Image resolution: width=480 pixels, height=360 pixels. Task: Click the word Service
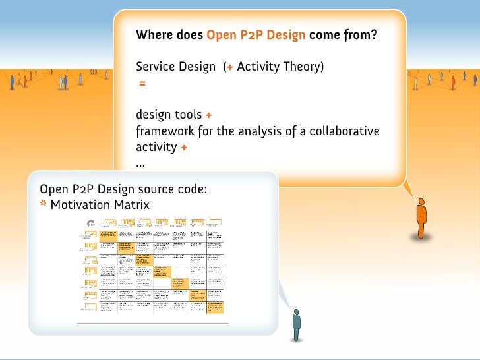[156, 67]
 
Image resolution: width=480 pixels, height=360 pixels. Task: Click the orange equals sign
[142, 84]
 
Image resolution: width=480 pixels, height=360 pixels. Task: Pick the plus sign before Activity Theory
[229, 67]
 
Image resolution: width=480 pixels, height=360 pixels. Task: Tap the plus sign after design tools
[208, 115]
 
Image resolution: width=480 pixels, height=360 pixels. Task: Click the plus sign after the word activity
[183, 147]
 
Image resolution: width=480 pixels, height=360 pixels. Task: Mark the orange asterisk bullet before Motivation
[44, 204]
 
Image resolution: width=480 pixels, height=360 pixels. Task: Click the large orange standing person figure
[421, 219]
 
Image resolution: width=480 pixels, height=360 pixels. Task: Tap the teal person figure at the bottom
[297, 324]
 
